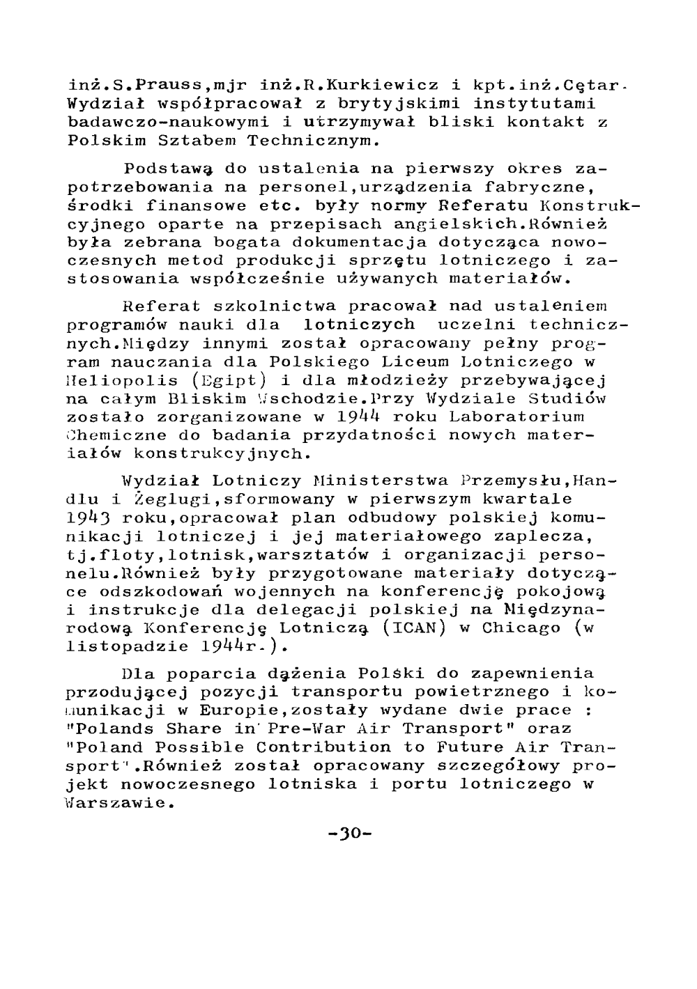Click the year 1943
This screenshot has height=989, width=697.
[x=90, y=518]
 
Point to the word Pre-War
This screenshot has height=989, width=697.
[x=292, y=729]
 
